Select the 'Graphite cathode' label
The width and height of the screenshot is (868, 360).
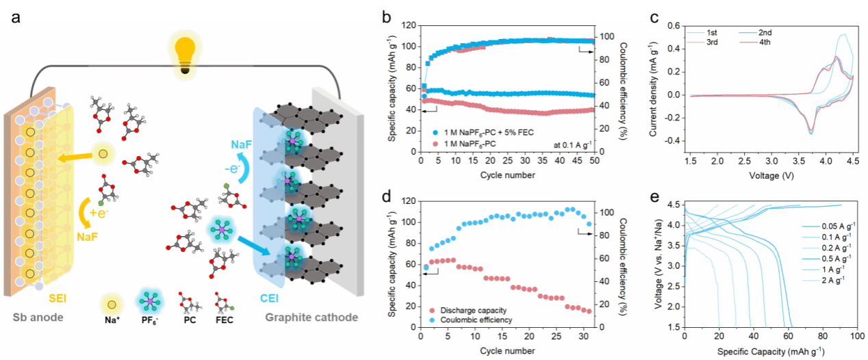[311, 318]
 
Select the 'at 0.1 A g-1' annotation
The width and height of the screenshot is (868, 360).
[570, 143]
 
